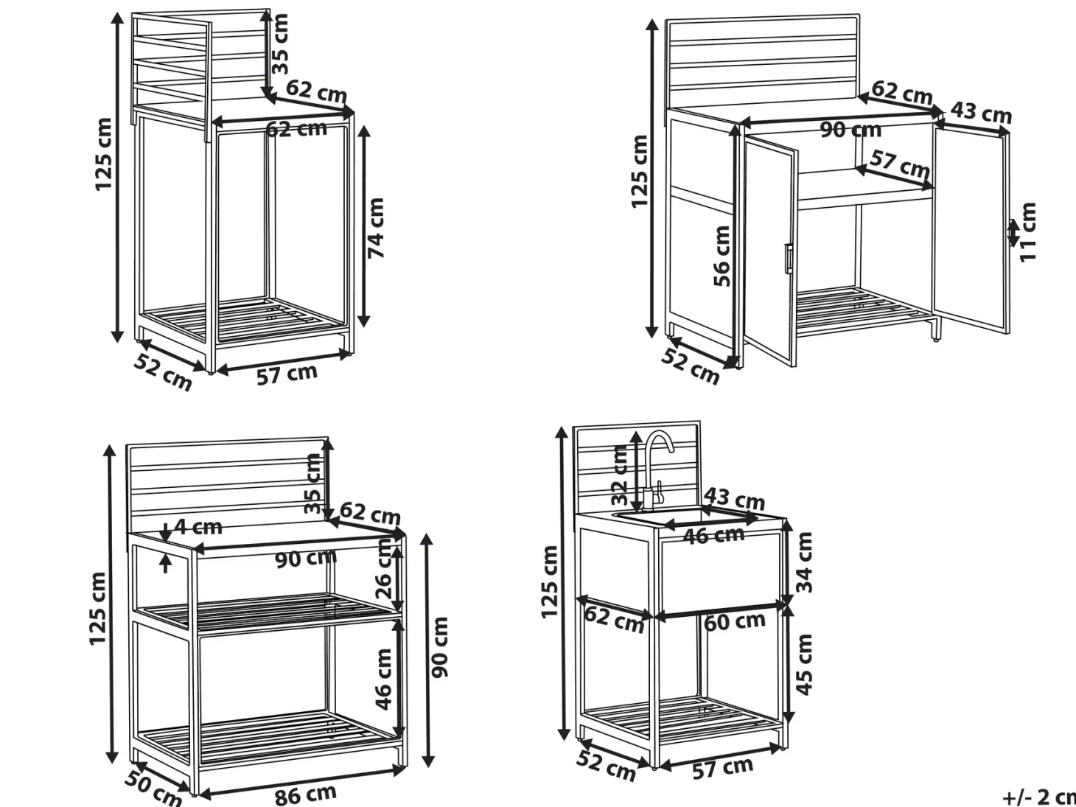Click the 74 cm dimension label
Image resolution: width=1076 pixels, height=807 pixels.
[376, 228]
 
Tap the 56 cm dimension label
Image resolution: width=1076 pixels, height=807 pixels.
[722, 256]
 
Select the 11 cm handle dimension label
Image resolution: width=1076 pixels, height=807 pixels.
[1027, 232]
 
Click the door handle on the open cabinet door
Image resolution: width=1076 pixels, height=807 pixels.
[788, 258]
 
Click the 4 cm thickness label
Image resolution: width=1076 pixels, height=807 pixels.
[198, 527]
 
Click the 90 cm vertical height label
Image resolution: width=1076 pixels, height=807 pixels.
[440, 647]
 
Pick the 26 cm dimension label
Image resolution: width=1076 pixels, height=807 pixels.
[384, 568]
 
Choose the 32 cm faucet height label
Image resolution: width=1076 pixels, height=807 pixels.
[620, 475]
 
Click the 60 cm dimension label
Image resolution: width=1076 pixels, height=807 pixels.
[734, 621]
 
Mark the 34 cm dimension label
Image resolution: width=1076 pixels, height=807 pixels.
[804, 562]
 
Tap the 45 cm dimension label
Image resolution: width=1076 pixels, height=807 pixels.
[804, 665]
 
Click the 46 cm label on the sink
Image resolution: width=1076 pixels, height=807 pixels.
[713, 535]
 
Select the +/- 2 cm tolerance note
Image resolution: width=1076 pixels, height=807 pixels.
[1040, 797]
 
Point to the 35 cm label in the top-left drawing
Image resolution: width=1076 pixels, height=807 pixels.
[280, 44]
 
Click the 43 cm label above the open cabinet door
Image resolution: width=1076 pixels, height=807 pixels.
[981, 113]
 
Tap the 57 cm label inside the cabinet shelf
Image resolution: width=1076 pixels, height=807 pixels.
[900, 164]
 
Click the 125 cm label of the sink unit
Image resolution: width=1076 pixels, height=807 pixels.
[549, 582]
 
